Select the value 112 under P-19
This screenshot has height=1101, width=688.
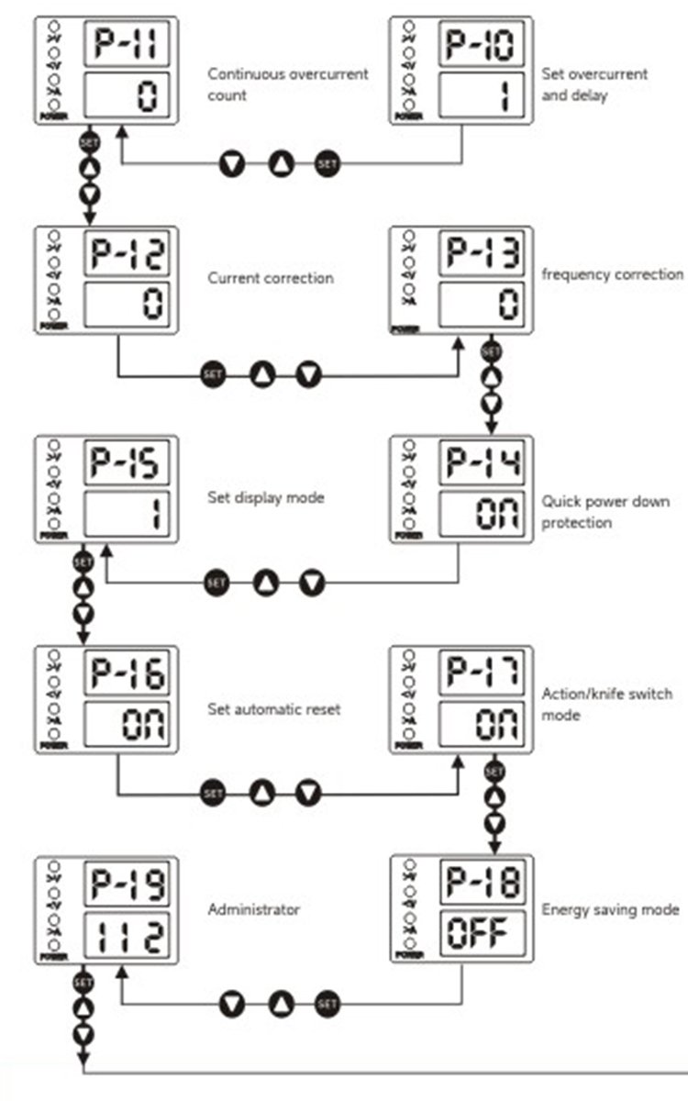coord(128,937)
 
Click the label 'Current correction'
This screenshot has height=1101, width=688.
coord(271,278)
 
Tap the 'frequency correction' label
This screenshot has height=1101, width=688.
coord(612,274)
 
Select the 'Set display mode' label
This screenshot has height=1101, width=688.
coord(266,498)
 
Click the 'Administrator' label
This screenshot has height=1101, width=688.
coord(254,910)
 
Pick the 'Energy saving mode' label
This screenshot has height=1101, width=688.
coord(610,910)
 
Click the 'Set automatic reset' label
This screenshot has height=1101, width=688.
coord(274,708)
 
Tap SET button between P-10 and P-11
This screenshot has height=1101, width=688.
coord(327,165)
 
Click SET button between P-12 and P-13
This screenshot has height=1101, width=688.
coord(213,374)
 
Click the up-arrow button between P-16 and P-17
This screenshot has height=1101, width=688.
coord(262,792)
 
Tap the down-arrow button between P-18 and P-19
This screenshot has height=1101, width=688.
coord(232,1005)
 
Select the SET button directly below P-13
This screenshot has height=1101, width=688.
coord(492,351)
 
